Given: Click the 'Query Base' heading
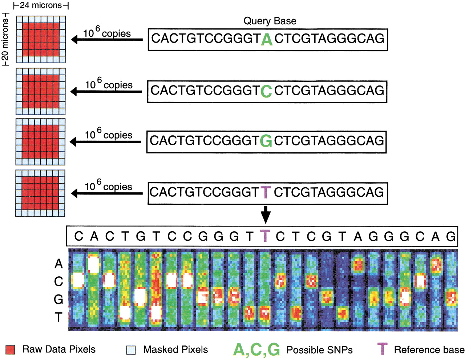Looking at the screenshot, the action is (x=270, y=21).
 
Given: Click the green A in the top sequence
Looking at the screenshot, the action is (x=266, y=40).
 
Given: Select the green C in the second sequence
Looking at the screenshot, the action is (x=266, y=91).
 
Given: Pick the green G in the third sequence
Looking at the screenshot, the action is (x=266, y=141).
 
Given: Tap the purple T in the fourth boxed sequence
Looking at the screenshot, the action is (x=266, y=192).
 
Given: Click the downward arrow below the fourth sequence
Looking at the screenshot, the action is (x=266, y=215).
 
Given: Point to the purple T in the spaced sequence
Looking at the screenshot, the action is (x=265, y=236).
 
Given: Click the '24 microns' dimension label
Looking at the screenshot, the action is (x=41, y=5).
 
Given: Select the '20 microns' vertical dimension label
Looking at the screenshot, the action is (x=5, y=39).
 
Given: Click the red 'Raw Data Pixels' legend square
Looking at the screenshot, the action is (x=10, y=350).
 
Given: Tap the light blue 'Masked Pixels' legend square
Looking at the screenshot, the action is (x=131, y=350).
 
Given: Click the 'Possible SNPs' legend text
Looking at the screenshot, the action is (x=319, y=350).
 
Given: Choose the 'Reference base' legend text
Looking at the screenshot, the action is (x=429, y=350).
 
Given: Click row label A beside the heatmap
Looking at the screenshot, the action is (x=58, y=264).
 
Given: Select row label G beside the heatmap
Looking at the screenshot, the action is (x=58, y=299).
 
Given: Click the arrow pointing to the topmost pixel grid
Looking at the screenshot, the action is (x=107, y=40).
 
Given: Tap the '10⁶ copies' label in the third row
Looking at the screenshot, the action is (x=109, y=134).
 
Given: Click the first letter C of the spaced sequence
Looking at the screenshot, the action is (x=78, y=236).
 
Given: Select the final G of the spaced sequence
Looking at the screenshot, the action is (x=450, y=236).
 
